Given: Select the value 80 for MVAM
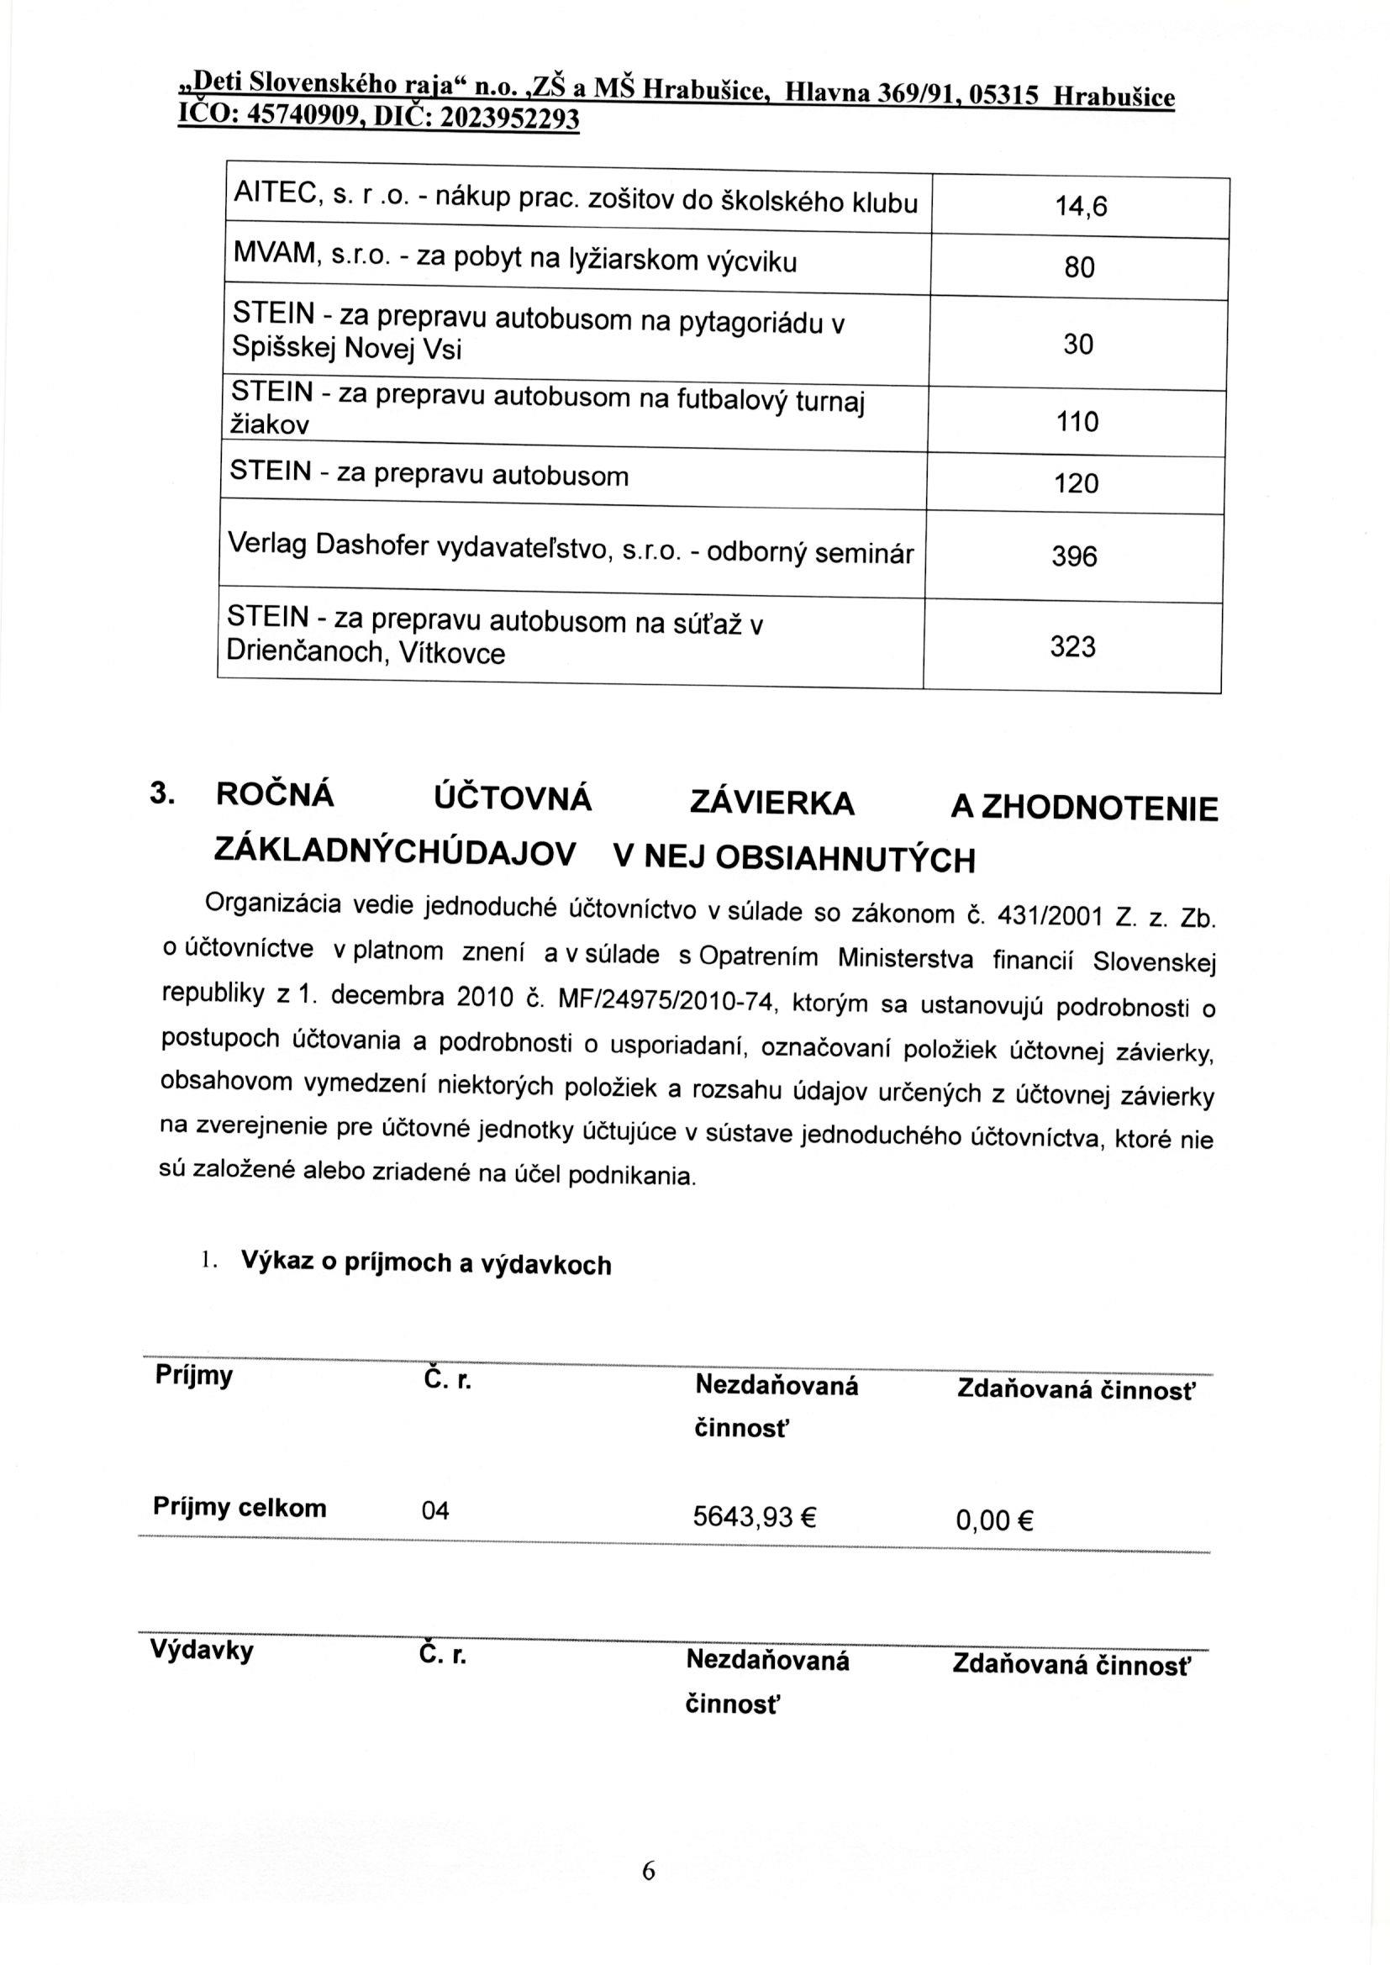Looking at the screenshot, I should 1079,269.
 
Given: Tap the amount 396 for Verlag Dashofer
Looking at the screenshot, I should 1074,557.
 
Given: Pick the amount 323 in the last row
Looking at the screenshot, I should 1072,646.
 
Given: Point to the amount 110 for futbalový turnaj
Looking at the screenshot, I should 1077,422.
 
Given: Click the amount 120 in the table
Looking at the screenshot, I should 1077,484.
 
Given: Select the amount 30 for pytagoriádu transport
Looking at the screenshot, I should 1078,345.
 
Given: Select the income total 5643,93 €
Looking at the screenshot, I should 755,1517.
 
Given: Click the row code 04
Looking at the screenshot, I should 434,1511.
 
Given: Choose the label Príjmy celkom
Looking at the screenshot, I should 240,1507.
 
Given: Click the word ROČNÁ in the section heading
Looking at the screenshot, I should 275,796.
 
